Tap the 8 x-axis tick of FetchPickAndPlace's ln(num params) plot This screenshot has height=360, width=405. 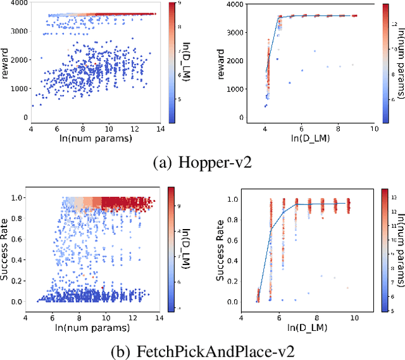[x=82, y=317]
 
